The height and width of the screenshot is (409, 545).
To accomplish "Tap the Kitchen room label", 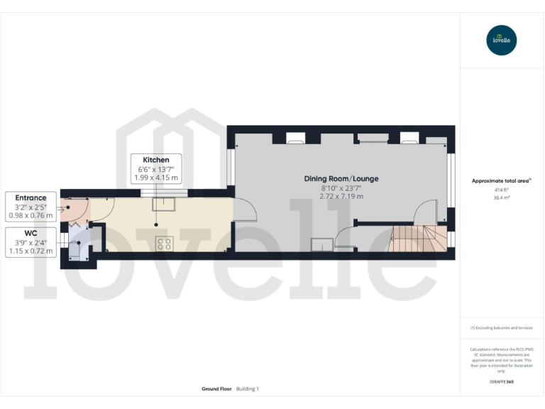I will [x=156, y=160].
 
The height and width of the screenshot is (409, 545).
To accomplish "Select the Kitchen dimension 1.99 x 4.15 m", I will [x=156, y=178].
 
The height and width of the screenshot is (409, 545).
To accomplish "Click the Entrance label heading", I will [x=31, y=197].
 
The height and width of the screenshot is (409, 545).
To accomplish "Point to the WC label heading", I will [x=31, y=233].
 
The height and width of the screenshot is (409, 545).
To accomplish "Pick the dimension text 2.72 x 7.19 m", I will [x=342, y=196].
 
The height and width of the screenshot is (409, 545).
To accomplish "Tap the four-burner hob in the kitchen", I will [x=164, y=244].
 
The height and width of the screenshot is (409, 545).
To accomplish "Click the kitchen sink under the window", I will [x=167, y=205].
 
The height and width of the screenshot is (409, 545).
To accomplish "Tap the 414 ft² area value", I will [x=502, y=190].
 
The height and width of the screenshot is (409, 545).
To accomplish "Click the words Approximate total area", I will [x=500, y=181].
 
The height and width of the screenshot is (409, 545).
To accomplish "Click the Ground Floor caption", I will [x=217, y=388].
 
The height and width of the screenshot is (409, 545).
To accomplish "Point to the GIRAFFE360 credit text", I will [x=502, y=382].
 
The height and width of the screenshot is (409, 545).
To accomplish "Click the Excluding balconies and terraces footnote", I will [x=502, y=327].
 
